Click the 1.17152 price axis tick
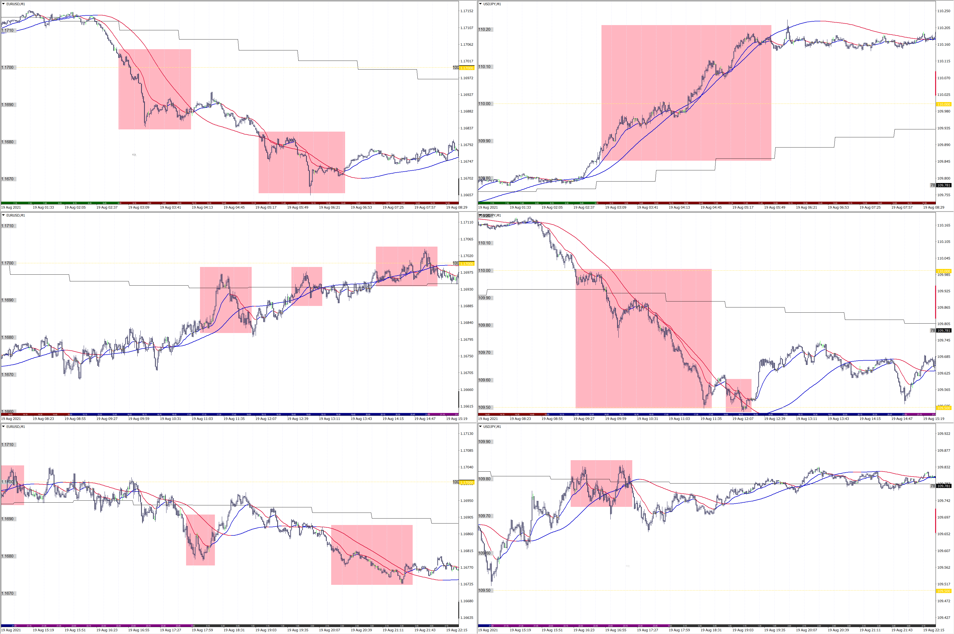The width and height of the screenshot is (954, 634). point(466,11)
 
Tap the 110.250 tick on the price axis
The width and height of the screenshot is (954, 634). point(944,11)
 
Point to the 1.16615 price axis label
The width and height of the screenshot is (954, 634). point(466,406)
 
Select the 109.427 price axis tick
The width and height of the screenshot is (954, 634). point(944,617)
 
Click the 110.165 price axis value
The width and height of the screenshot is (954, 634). point(944,225)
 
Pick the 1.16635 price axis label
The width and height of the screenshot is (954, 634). point(466,617)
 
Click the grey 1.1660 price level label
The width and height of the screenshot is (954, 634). point(8,411)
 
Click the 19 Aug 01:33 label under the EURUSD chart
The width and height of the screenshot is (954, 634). point(43,207)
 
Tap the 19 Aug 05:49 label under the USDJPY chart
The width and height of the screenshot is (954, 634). point(774,207)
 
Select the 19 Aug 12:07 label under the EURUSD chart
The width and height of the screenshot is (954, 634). point(266,419)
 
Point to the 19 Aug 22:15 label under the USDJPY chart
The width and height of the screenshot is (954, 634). point(933,630)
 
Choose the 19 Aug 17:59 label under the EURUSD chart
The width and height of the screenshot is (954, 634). point(202,630)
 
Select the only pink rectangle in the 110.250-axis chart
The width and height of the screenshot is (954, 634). point(686,93)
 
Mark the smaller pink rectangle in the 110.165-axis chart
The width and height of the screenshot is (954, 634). point(738,395)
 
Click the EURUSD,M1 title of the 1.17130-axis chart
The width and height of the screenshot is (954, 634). point(15,427)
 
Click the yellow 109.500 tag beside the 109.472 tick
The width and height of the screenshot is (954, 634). point(944,591)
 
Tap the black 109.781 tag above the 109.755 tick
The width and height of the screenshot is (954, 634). point(944,185)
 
